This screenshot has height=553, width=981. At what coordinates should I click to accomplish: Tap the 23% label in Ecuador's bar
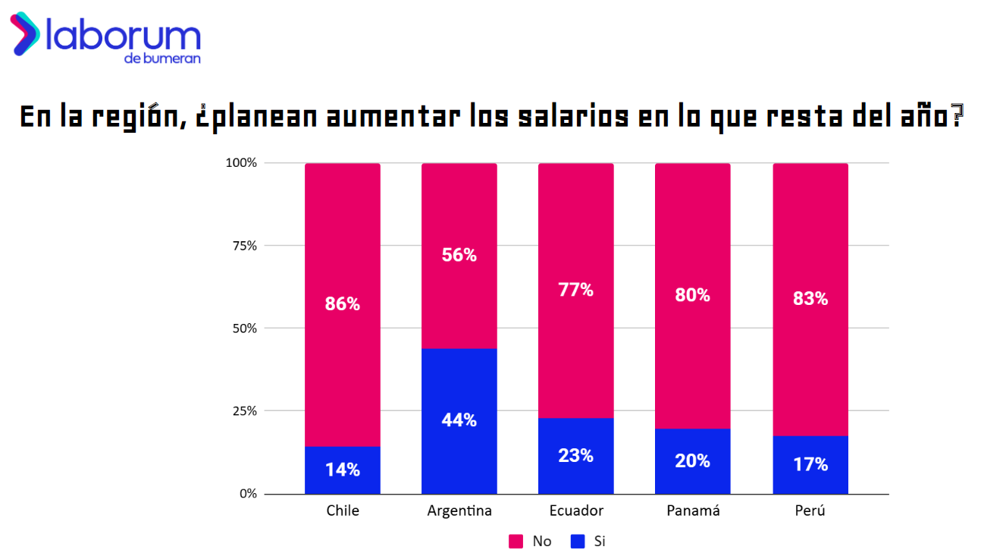point(575,456)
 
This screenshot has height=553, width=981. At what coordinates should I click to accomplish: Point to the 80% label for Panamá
point(692,295)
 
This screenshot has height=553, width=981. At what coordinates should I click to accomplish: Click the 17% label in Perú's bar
point(810,464)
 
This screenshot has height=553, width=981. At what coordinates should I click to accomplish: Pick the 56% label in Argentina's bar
point(459,255)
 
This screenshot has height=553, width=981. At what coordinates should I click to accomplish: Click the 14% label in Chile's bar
point(342,470)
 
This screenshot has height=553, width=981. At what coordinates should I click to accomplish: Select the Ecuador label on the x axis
point(575,511)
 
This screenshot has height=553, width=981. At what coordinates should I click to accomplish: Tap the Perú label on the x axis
point(810,511)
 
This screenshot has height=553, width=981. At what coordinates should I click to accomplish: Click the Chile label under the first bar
point(342,511)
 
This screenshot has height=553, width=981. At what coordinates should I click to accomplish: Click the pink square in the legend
point(516,541)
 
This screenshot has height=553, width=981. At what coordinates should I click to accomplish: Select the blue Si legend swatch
point(578,541)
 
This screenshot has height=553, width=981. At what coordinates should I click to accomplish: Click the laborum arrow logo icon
point(25,33)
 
